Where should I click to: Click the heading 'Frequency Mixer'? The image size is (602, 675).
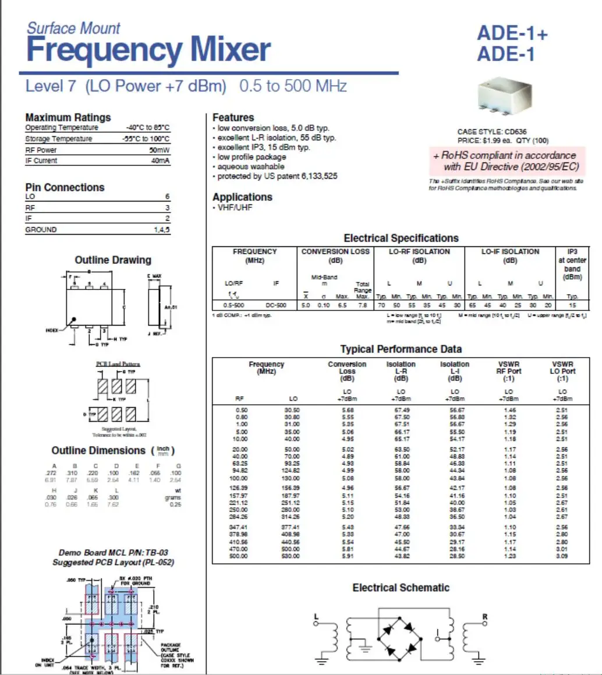click(148, 50)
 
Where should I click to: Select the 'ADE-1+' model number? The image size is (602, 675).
click(512, 34)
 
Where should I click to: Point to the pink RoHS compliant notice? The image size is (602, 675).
click(505, 161)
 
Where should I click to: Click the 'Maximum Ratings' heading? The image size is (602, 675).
click(68, 117)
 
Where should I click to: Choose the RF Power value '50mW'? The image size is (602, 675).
click(159, 150)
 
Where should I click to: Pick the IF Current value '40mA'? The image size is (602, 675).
click(160, 161)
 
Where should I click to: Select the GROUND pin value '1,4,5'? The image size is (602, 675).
click(161, 229)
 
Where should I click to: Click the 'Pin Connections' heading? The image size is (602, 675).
click(65, 188)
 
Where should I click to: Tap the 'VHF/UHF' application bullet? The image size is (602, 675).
click(234, 207)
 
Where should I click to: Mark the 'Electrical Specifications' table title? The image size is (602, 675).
click(401, 238)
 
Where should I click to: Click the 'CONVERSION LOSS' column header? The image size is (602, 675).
click(335, 252)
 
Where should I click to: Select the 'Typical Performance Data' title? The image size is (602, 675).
click(401, 349)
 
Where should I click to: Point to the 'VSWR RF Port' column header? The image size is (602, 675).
click(508, 367)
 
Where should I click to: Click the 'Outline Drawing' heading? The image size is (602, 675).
click(112, 260)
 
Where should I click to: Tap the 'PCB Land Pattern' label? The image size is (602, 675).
click(118, 364)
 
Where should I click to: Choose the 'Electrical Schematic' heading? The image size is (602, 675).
click(401, 588)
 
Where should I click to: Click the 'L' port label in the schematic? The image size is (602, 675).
click(316, 616)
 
